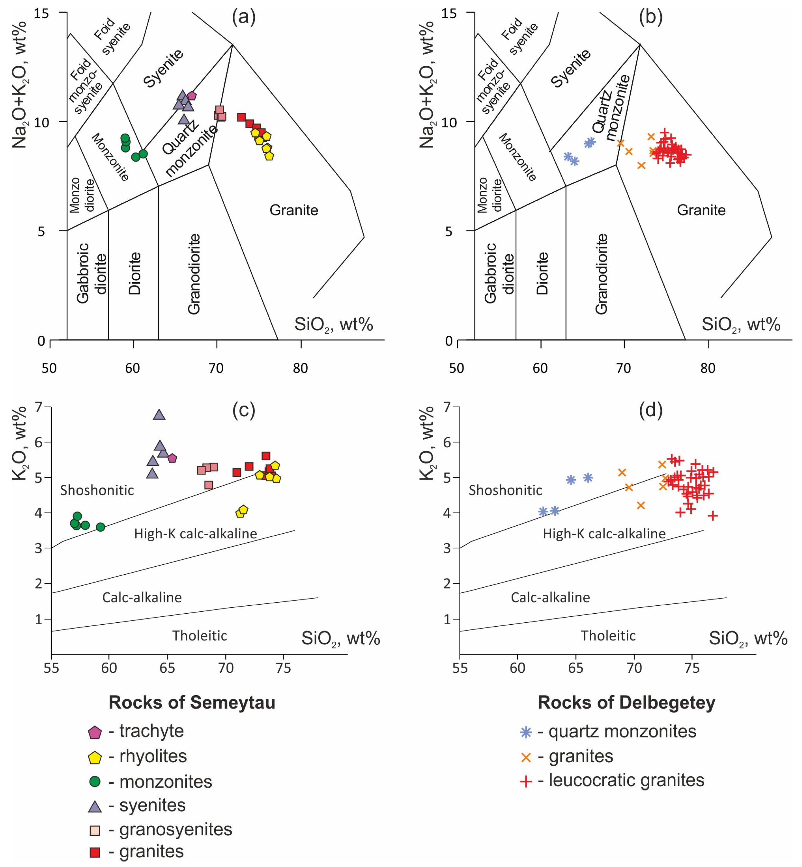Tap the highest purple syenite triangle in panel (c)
click(159, 415)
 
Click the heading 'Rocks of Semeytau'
click(192, 702)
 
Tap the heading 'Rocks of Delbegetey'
click(626, 702)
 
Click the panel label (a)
click(244, 17)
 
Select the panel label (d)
click(651, 410)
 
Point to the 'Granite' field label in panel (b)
click(701, 210)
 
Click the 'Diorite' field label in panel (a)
click(135, 273)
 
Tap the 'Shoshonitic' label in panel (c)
click(97, 490)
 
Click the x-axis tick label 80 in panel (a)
click(300, 368)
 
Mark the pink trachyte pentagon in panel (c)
click(172, 458)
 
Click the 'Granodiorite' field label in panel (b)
click(601, 273)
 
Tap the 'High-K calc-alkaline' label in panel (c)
click(195, 534)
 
